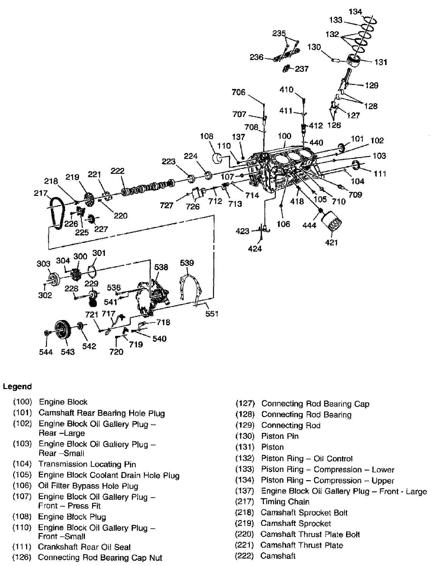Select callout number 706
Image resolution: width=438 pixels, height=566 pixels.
pos(239,92)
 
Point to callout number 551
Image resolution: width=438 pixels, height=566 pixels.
pos(212,314)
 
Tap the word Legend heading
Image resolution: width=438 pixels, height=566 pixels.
pos(17,387)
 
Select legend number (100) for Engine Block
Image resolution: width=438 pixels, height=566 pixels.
pos(23,402)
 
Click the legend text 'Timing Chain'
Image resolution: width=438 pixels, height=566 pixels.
pos(285,502)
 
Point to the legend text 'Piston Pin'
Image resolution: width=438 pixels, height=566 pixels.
pos(280,436)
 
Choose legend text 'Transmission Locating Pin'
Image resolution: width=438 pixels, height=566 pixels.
pos(87,464)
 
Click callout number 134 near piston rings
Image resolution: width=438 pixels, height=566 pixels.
pos(355,12)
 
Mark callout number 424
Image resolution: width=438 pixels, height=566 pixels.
pos(255,248)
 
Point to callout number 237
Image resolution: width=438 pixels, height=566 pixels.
pos(302,69)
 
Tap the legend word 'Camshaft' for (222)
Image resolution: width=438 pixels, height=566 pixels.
pos(278,556)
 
